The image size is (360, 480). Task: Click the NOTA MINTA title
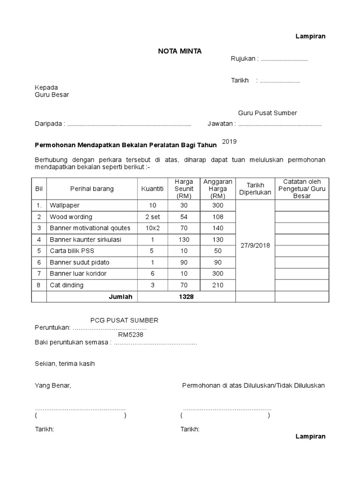point(180,51)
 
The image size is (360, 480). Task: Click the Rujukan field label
point(244,59)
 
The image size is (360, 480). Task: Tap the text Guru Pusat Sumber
point(267,113)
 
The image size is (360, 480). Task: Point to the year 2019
point(230,141)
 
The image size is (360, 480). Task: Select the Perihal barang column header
point(91,189)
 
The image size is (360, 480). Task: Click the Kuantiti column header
point(152,189)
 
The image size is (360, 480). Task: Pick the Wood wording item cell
point(71,217)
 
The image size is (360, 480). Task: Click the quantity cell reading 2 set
point(152,217)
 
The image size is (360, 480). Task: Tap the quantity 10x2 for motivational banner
point(152,228)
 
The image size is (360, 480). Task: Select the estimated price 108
point(217,217)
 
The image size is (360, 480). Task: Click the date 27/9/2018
point(255,245)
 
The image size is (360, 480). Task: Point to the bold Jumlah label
point(121,297)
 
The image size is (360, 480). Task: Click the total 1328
point(186,297)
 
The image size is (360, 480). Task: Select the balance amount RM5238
point(131,335)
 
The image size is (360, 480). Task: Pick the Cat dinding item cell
point(67,285)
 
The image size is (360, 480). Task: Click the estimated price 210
point(217,285)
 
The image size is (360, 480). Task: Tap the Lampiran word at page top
point(310,36)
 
